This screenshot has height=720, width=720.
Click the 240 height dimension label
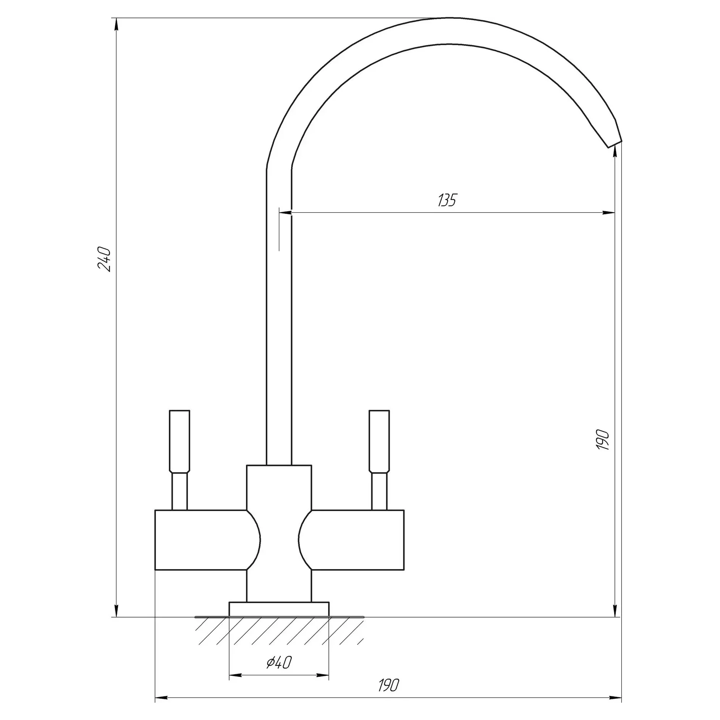(104, 259)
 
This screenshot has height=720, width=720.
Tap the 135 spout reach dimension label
(447, 200)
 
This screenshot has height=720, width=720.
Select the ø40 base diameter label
(279, 662)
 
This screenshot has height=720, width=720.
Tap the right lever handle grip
(379, 441)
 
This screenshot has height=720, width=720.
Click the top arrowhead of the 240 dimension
(116, 24)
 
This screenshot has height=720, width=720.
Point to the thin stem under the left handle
(180, 491)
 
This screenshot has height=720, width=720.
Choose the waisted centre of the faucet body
(279, 540)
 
